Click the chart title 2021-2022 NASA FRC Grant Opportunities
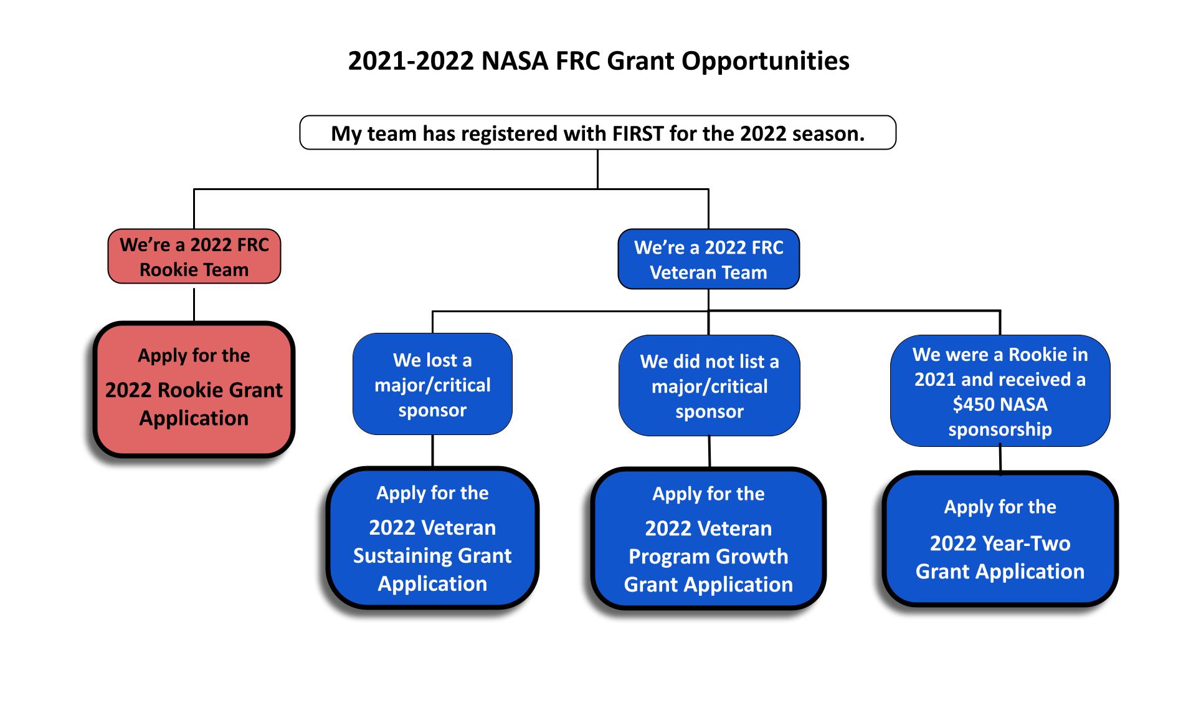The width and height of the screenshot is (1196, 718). coord(598,61)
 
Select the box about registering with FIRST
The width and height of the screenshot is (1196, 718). coord(598,132)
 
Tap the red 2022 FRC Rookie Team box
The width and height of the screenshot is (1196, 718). coord(194,256)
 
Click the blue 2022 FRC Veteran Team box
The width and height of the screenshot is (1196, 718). coord(708,259)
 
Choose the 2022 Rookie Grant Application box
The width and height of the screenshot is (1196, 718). coord(194,390)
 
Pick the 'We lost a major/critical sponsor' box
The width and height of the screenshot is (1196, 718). coord(432,384)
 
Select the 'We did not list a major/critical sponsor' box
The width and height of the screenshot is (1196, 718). coord(709,386)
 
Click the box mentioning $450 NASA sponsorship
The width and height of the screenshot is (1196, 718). coord(1000,391)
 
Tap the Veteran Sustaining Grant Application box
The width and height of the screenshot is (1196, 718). coord(432,537)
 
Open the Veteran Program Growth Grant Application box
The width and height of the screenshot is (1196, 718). coord(708,538)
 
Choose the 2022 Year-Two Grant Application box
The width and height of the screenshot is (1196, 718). coord(1000,538)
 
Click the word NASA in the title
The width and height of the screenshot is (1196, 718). coord(515,61)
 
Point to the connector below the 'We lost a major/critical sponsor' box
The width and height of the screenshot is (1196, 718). coord(432,451)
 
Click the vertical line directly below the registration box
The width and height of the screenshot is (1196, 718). coord(597,169)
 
